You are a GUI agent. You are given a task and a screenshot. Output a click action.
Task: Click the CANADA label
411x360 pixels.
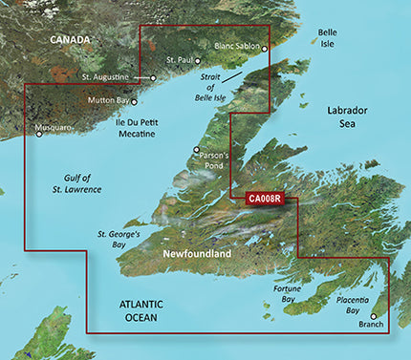click(x=71, y=40)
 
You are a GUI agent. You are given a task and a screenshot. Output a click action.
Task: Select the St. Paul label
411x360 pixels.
click(x=180, y=60)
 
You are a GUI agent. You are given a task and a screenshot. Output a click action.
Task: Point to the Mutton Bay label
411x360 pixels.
click(x=110, y=100)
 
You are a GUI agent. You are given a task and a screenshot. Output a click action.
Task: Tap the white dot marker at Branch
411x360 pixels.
click(x=373, y=316)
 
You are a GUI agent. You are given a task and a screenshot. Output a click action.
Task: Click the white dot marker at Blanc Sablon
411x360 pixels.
click(x=266, y=48)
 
